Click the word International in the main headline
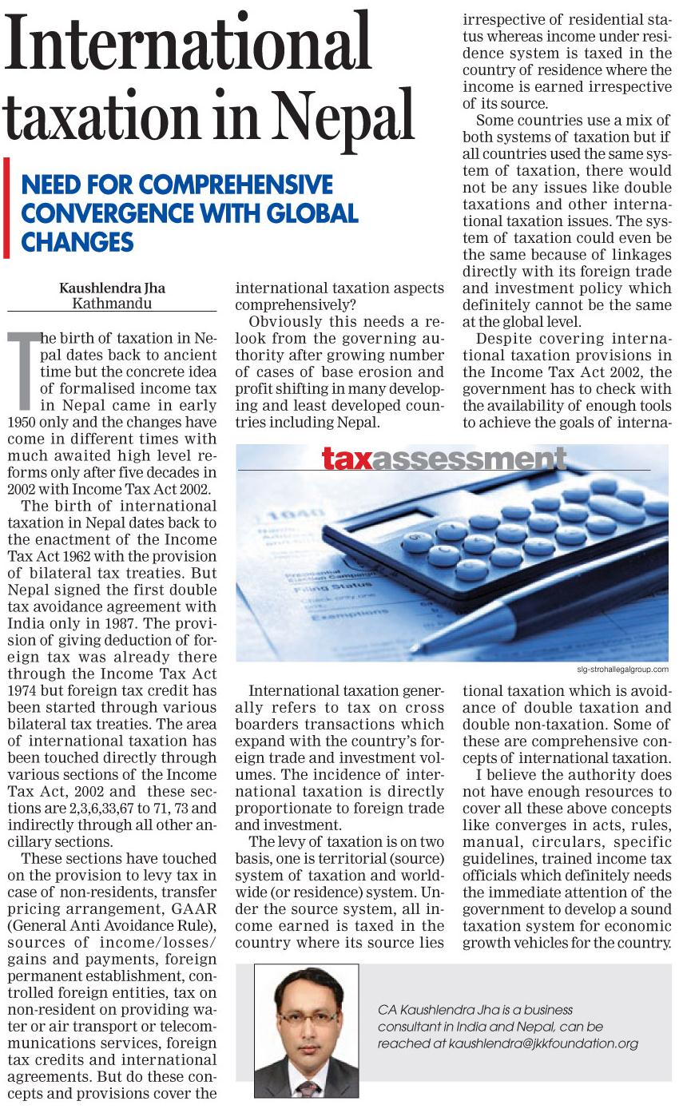(x=189, y=43)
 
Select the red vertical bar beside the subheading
(x=7, y=208)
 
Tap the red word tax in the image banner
(x=347, y=459)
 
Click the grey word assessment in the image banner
(x=469, y=459)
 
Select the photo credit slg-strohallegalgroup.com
(x=621, y=669)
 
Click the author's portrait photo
(x=306, y=1030)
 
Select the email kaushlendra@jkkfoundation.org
(x=543, y=1043)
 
